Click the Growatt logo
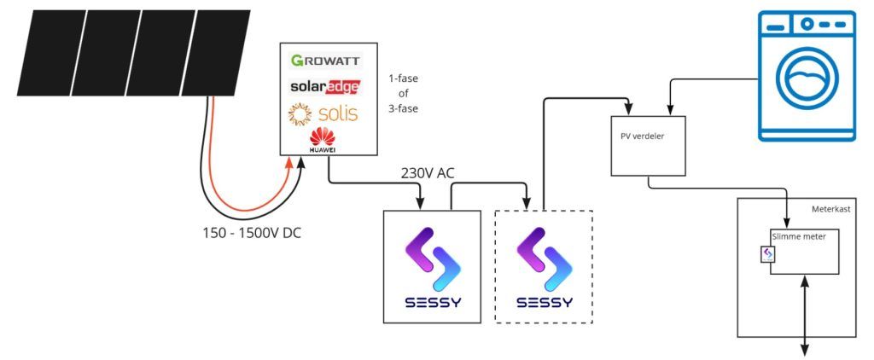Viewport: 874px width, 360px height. [326, 61]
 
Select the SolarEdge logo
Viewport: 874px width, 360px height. [325, 86]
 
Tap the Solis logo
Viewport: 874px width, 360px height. [323, 113]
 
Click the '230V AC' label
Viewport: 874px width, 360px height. [428, 173]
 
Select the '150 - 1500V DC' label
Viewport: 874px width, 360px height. [252, 233]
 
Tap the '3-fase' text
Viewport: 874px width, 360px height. [404, 109]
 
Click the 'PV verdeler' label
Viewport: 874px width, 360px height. [642, 136]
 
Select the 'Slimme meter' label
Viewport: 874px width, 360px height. [799, 236]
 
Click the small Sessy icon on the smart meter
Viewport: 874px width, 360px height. [767, 254]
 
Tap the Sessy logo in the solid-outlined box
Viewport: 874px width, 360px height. [433, 267]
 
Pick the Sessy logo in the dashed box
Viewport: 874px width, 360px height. [544, 267]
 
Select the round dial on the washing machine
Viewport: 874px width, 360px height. [807, 25]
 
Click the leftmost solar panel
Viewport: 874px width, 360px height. [52, 52]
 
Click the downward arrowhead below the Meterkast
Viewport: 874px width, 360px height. [805, 350]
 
